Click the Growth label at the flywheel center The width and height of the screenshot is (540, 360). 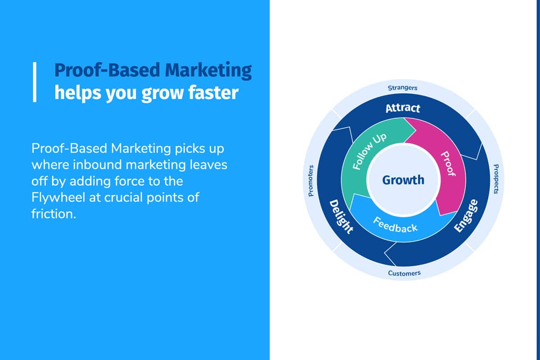pyautogui.click(x=403, y=180)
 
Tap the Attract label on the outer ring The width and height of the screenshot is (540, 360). pyautogui.click(x=403, y=108)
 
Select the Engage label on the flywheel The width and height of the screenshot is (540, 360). pyautogui.click(x=466, y=216)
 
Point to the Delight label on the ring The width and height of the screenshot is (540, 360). pyautogui.click(x=341, y=216)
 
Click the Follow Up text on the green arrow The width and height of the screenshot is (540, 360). pyautogui.click(x=369, y=152)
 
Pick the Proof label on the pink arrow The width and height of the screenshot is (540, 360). pyautogui.click(x=448, y=164)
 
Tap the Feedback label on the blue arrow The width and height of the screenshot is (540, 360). pyautogui.click(x=395, y=225)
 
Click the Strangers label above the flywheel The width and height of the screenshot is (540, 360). pyautogui.click(x=403, y=88)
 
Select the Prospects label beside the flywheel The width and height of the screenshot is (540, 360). pyautogui.click(x=496, y=179)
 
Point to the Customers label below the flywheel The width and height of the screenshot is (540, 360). pyautogui.click(x=404, y=273)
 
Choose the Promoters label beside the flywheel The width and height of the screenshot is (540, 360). pyautogui.click(x=311, y=180)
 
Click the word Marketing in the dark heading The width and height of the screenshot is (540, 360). pyautogui.click(x=208, y=71)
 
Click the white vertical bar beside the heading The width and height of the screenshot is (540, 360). pyautogui.click(x=35, y=82)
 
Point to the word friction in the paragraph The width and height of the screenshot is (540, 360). pyautogui.click(x=54, y=214)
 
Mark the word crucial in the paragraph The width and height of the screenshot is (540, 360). pyautogui.click(x=123, y=198)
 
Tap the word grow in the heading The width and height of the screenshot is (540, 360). pyautogui.click(x=163, y=94)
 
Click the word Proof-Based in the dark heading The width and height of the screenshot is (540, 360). pyautogui.click(x=107, y=70)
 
